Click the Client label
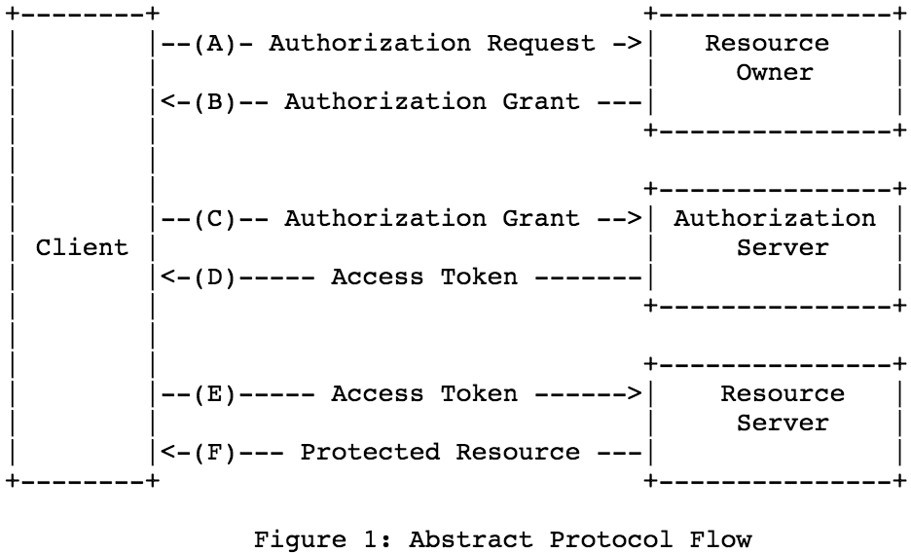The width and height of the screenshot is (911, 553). tap(82, 248)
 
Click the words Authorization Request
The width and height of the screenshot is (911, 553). tap(432, 44)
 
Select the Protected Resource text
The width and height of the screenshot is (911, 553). tap(440, 453)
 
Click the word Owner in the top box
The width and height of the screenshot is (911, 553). tap(775, 73)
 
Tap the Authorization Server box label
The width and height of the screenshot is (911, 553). tap(775, 234)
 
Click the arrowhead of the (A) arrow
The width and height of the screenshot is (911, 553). tap(634, 44)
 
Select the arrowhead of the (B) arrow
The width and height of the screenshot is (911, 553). tap(166, 102)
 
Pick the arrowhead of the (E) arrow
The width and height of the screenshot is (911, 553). tap(634, 394)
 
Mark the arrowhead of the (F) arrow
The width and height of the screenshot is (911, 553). tap(166, 453)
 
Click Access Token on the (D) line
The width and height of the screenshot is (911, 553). tap(424, 277)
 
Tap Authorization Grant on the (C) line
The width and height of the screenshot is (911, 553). tap(432, 219)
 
